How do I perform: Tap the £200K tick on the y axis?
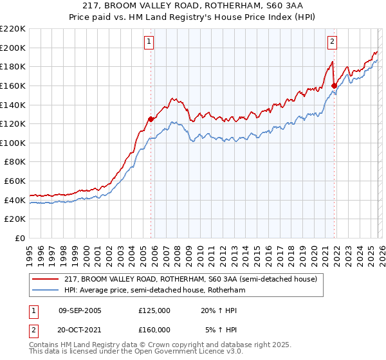(x=13, y=48)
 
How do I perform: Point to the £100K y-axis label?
(x=13, y=143)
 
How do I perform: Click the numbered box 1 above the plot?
(x=149, y=42)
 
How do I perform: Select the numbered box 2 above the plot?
(x=333, y=42)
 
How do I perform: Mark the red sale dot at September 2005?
(x=151, y=119)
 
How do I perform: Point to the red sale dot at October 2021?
(x=334, y=85)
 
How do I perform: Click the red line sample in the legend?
(x=46, y=280)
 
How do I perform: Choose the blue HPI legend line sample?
(x=46, y=291)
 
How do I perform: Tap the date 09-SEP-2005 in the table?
(x=80, y=310)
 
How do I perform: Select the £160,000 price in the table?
(x=154, y=329)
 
